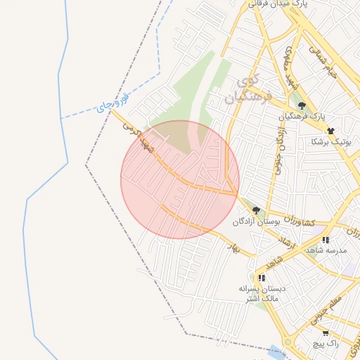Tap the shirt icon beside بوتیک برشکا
(330, 130)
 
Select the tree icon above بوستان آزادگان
(256, 210)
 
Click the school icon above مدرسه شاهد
(326, 240)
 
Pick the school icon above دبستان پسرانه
(262, 278)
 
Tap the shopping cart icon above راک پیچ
(325, 333)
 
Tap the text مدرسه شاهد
(327, 250)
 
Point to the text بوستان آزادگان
(257, 221)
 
